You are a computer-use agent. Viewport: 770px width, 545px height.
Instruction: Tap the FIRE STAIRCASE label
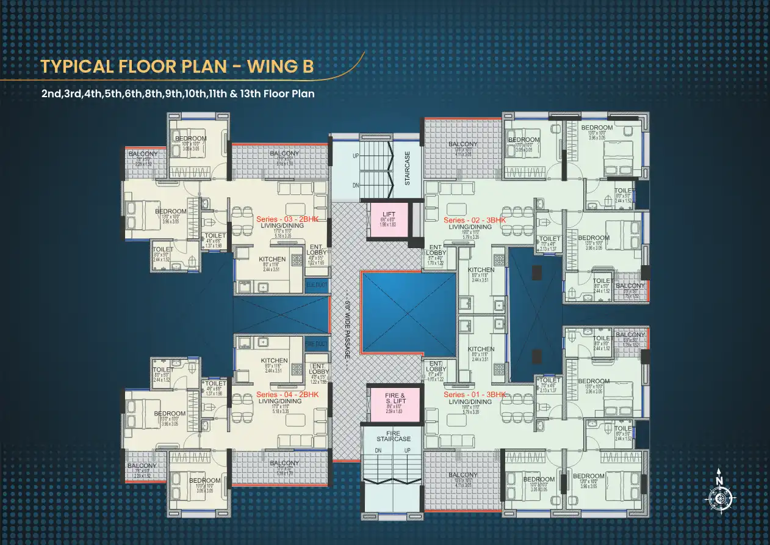[394, 435]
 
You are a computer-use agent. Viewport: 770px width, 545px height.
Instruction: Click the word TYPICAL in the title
[76, 67]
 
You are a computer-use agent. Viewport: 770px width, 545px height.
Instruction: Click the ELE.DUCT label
[317, 284]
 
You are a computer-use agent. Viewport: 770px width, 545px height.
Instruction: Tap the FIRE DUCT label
[317, 344]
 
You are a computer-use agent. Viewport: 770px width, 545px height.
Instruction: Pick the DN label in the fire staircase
[378, 450]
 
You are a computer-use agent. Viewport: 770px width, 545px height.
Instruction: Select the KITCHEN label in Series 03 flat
[272, 259]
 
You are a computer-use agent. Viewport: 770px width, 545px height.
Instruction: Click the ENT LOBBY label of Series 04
[318, 368]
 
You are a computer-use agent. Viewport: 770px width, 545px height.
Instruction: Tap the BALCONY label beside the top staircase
[463, 145]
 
